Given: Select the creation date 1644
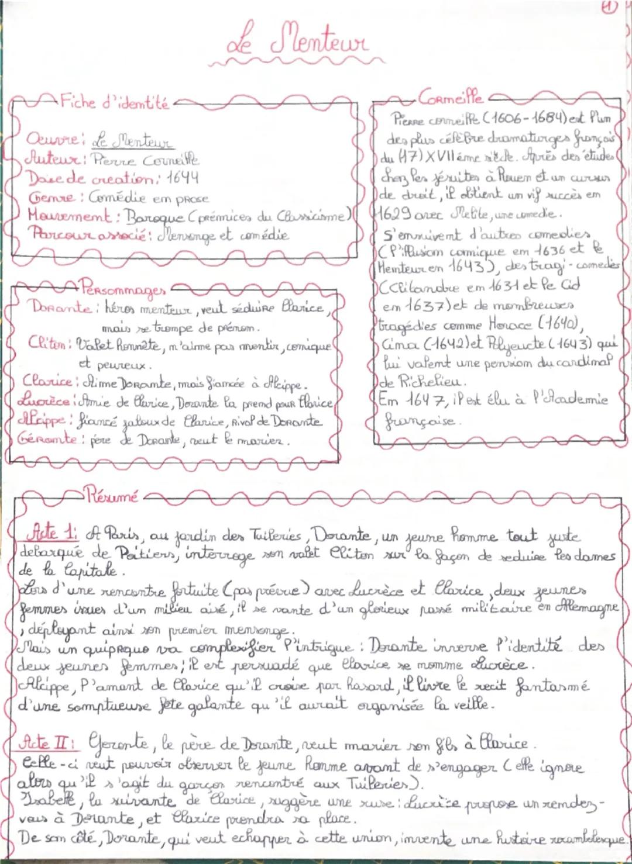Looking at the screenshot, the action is (182, 177).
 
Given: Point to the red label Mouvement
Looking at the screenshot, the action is (69, 216).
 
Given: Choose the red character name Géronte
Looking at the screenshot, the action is (49, 439).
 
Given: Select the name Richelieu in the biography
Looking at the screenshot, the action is (431, 382).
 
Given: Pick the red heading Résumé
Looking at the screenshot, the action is (111, 497).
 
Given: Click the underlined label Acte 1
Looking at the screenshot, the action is (51, 534).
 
